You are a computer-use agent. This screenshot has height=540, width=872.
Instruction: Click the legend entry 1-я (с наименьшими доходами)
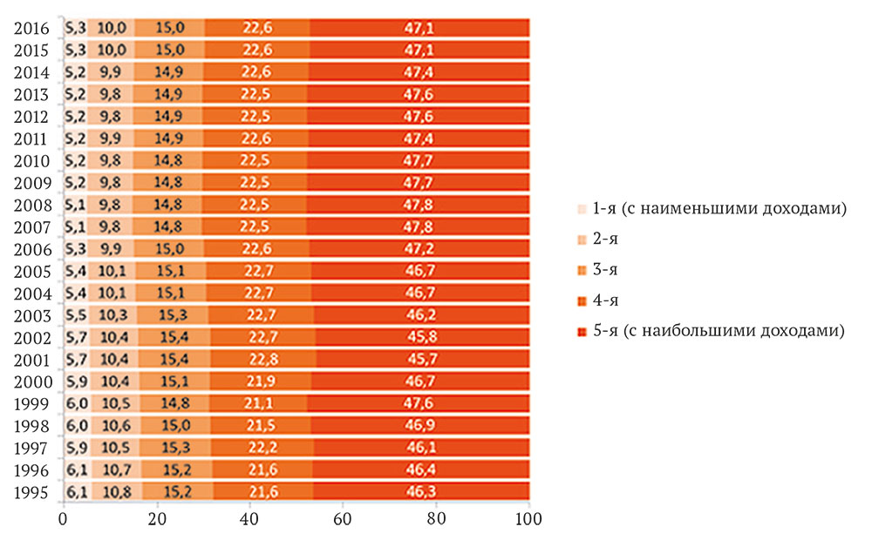point(711,209)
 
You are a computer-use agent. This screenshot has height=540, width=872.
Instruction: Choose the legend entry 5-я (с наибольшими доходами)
point(711,331)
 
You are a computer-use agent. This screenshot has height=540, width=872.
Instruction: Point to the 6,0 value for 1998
point(76,426)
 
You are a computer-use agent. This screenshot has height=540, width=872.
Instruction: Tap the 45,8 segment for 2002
point(421,338)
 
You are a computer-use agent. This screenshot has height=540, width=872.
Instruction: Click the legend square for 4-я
point(582,300)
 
